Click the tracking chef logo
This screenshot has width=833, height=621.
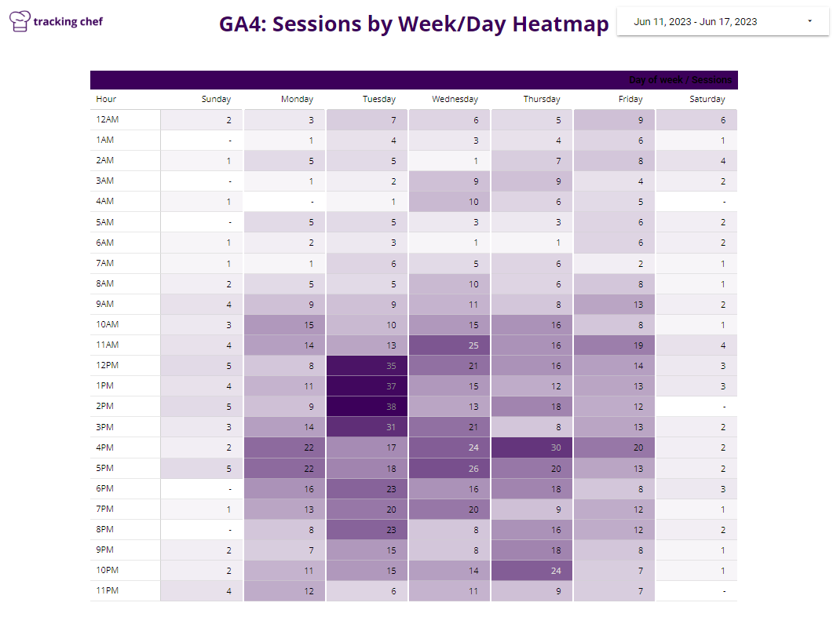(x=57, y=21)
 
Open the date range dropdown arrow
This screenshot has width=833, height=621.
(x=809, y=21)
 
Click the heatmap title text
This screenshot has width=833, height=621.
(x=414, y=24)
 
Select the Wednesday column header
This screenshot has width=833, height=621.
(x=455, y=100)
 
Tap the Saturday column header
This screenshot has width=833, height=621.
(x=707, y=100)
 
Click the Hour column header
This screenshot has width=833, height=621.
(x=106, y=100)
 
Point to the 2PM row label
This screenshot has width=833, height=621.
(x=105, y=406)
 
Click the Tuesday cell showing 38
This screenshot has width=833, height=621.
(x=367, y=407)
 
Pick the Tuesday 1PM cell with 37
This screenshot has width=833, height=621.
(x=367, y=386)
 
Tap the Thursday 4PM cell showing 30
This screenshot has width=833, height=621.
(x=532, y=447)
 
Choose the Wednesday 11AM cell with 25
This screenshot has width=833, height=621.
(x=449, y=345)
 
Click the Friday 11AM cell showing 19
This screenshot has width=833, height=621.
(x=614, y=345)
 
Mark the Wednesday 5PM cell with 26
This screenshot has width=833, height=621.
(x=449, y=468)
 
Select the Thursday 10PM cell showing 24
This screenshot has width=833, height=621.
(x=532, y=570)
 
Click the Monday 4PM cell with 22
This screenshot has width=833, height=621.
(x=284, y=447)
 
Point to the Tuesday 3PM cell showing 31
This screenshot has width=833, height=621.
(x=367, y=427)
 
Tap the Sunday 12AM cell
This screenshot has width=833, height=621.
(x=202, y=120)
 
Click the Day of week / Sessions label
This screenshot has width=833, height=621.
(x=680, y=80)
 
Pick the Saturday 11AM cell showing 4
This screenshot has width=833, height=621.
(x=696, y=345)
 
